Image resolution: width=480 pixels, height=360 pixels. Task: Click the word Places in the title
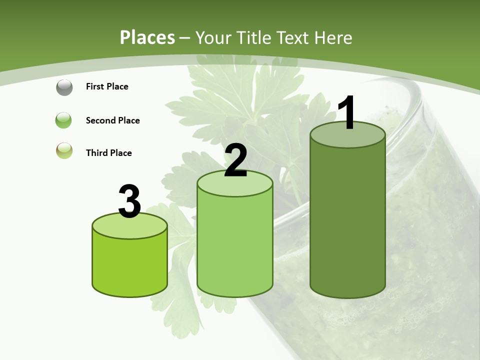tap(147, 37)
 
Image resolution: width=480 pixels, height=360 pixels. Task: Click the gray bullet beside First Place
tap(64, 87)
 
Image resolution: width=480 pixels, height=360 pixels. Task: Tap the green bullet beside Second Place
tap(64, 120)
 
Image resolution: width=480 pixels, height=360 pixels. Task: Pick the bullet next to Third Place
tap(64, 151)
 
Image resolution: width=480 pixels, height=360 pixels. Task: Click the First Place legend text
tap(107, 86)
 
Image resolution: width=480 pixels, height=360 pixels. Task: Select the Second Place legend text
tap(112, 120)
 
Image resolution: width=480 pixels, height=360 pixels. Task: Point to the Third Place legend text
tap(108, 153)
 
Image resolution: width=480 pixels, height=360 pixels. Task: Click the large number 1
tap(347, 112)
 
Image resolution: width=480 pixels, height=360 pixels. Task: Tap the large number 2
tap(235, 160)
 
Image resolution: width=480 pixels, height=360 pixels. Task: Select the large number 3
tap(129, 202)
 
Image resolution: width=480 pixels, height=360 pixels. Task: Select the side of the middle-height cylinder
tap(235, 245)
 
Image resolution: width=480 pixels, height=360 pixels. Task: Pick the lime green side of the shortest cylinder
tap(129, 265)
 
